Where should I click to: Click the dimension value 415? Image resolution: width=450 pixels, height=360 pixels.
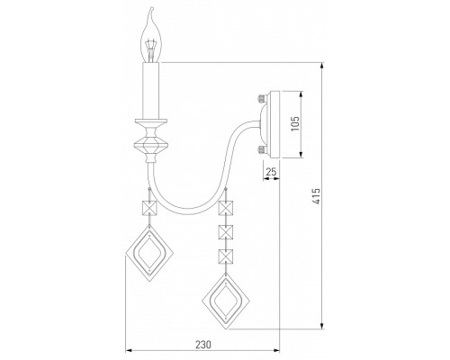click(316, 196)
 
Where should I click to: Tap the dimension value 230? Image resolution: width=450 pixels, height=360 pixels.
click(203, 345)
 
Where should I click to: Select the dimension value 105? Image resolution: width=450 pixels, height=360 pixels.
click(295, 123)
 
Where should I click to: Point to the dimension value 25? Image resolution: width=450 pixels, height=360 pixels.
click(271, 172)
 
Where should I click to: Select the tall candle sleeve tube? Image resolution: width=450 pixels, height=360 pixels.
click(151, 91)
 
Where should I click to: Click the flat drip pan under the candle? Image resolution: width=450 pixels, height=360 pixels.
click(151, 122)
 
